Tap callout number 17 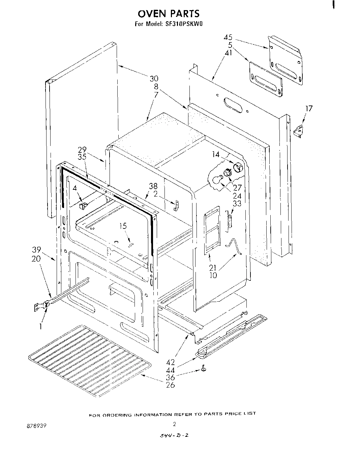[309, 109]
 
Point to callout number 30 [154, 79]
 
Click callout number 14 [216, 154]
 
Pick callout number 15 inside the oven [123, 226]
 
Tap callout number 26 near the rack [171, 385]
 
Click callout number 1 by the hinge [40, 326]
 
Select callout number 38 [153, 186]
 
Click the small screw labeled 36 [204, 370]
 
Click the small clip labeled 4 [83, 205]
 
